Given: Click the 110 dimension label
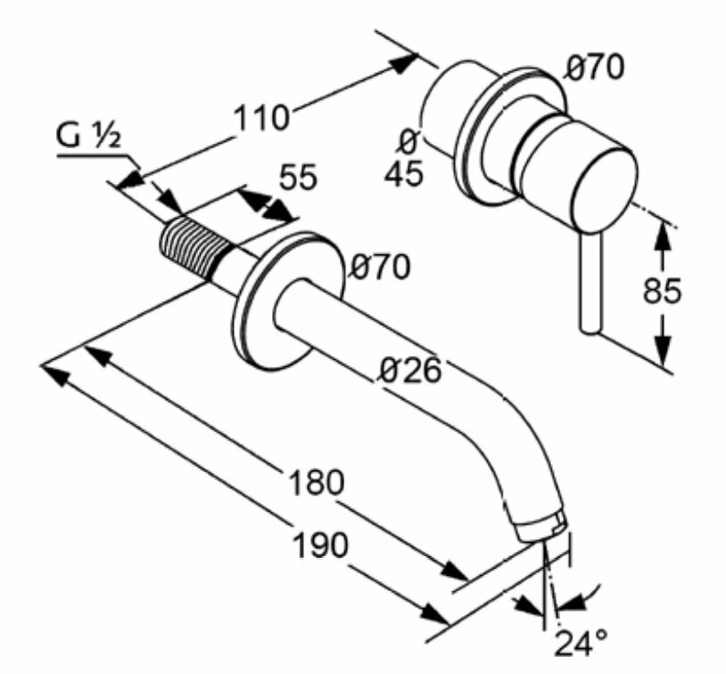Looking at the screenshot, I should tap(261, 117).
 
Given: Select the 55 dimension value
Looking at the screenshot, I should tap(297, 178).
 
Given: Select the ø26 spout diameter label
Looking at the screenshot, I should tap(410, 370).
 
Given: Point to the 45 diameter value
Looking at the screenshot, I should tap(404, 173).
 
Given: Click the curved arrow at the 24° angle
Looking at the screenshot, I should tap(586, 594).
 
